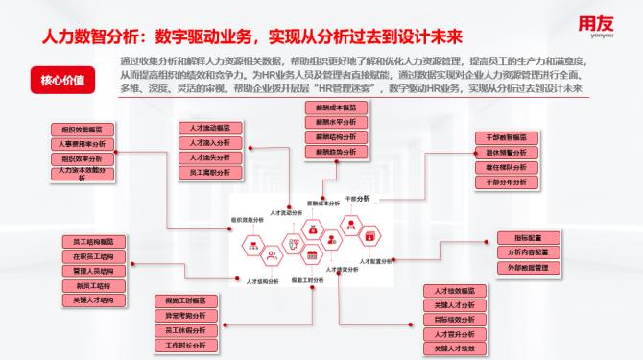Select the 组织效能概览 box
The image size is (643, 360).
click(87, 127)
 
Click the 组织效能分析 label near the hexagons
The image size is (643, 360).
click(249, 220)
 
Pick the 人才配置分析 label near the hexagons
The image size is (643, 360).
click(375, 261)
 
